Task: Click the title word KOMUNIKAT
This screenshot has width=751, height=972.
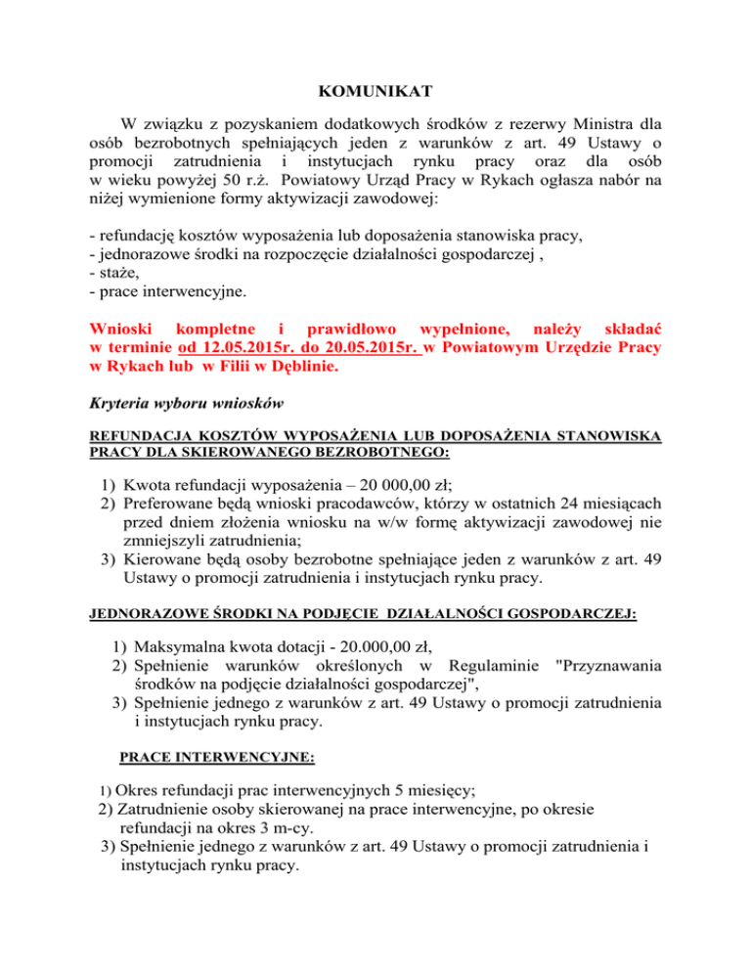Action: (375, 96)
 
